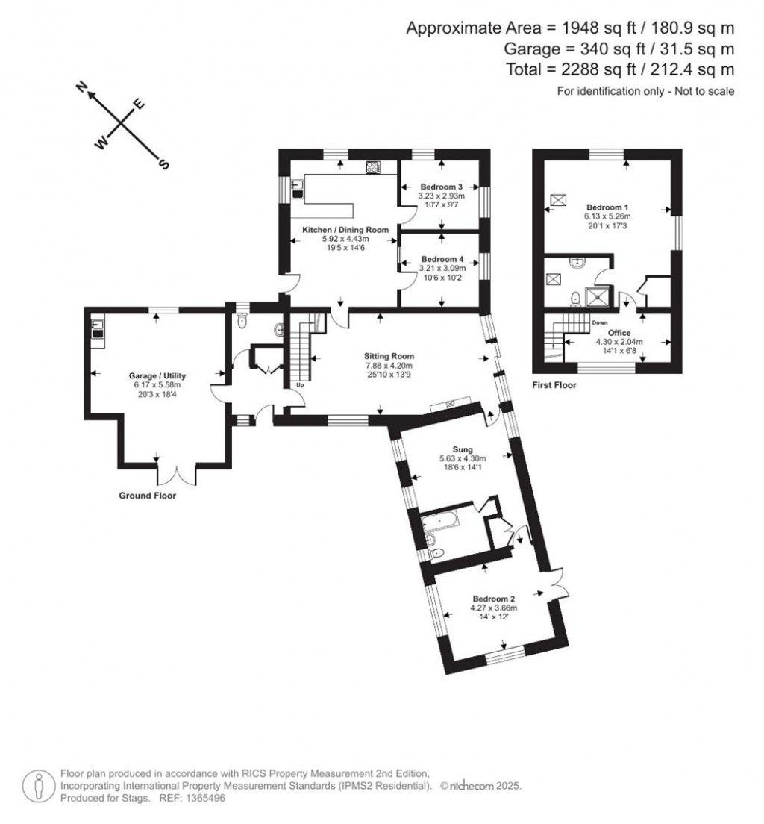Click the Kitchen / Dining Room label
(x=345, y=230)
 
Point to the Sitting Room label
(x=389, y=356)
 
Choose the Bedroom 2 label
(x=495, y=599)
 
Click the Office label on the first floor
(x=619, y=333)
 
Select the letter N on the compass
(x=83, y=90)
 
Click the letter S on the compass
(x=159, y=163)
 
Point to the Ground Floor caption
(x=147, y=495)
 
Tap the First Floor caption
(x=554, y=386)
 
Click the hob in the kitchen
(x=372, y=168)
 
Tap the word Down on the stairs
(x=599, y=323)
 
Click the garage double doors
(x=177, y=472)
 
